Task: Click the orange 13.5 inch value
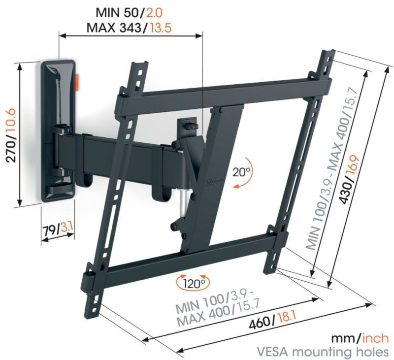pyautogui.click(x=161, y=27)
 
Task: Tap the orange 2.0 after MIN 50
pyautogui.click(x=154, y=13)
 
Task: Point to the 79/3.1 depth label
pyautogui.click(x=58, y=229)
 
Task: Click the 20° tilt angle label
pyautogui.click(x=241, y=172)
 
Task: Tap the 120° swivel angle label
pyautogui.click(x=194, y=283)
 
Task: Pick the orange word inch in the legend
pyautogui.click(x=375, y=338)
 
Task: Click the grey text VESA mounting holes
pyautogui.click(x=322, y=352)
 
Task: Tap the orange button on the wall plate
pyautogui.click(x=77, y=82)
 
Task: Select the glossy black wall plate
pyautogui.click(x=58, y=131)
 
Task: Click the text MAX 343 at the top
pyautogui.click(x=114, y=28)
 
